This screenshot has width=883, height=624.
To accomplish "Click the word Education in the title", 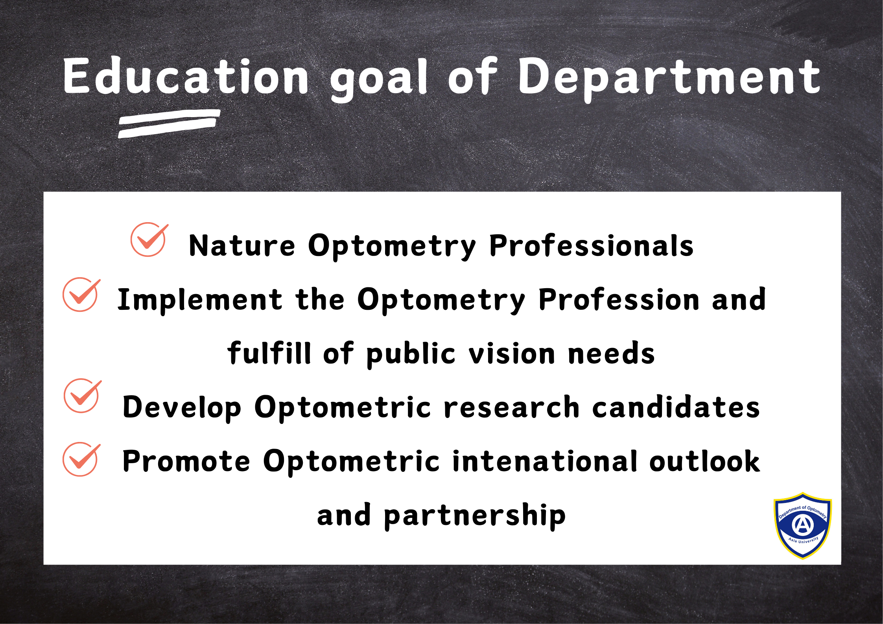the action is pos(186,76).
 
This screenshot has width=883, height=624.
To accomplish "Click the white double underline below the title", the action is pos(169,123).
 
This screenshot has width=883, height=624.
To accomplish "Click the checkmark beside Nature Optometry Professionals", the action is pos(149,239).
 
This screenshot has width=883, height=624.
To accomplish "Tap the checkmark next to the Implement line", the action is pos(81,295).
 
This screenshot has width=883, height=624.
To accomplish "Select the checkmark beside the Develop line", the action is pos(83,396).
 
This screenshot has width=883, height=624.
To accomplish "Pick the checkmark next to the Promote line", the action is pos(81,459).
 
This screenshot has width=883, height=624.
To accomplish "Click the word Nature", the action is pos(242,246).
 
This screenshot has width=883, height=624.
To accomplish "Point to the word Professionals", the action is pos(591,246).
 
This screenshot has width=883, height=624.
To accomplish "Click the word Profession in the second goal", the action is pos(619,300).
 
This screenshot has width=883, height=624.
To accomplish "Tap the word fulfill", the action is pos(269,353).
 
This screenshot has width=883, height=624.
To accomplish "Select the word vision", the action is pos(511,353).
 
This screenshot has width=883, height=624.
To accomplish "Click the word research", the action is pos(511,407).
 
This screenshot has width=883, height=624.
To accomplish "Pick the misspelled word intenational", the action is pos(545,460).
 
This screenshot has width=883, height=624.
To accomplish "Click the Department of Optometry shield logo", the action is pos(803,526).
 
